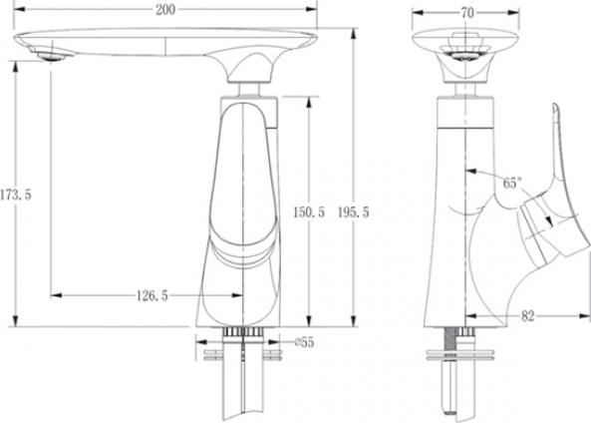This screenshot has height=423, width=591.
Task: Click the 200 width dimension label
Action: [165, 9]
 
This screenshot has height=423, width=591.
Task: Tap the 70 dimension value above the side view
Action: [467, 13]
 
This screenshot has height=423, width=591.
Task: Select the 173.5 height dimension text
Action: [16, 196]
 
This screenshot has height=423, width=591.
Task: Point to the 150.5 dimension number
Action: [309, 212]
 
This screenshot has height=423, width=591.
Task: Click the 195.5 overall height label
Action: [353, 212]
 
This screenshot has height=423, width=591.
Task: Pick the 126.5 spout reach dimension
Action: [151, 296]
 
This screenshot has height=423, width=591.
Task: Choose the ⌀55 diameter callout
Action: [305, 342]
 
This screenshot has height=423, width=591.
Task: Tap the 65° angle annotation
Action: [512, 183]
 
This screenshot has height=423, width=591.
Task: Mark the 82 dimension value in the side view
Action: [527, 316]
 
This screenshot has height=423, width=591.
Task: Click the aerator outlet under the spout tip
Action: [52, 57]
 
